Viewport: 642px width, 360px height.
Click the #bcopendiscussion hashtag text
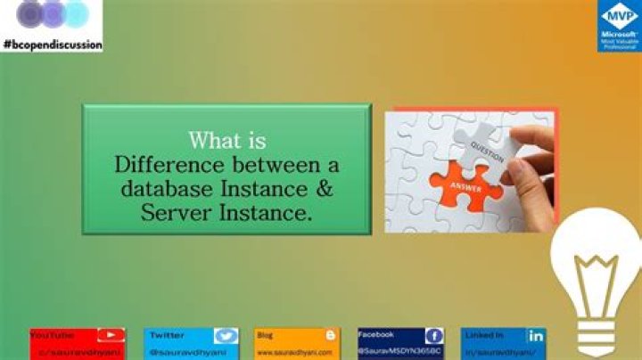coord(53,44)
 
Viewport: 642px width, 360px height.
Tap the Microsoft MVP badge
coord(619,26)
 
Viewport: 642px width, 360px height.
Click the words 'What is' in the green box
coord(226,141)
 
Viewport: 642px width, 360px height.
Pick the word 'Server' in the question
coord(173,212)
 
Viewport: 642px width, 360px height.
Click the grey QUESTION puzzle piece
coord(482,143)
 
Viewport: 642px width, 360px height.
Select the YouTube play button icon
coord(110,336)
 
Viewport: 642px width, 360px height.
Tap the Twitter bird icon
coord(226,336)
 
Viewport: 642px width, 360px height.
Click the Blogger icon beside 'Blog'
coord(331,335)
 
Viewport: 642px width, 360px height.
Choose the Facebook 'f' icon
coord(433,336)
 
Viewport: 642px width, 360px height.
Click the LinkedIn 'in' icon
coord(535,336)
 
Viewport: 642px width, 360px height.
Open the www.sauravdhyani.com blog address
coord(294,353)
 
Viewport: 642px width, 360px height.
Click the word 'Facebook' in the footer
coord(375,334)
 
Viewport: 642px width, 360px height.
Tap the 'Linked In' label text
coord(484,334)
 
